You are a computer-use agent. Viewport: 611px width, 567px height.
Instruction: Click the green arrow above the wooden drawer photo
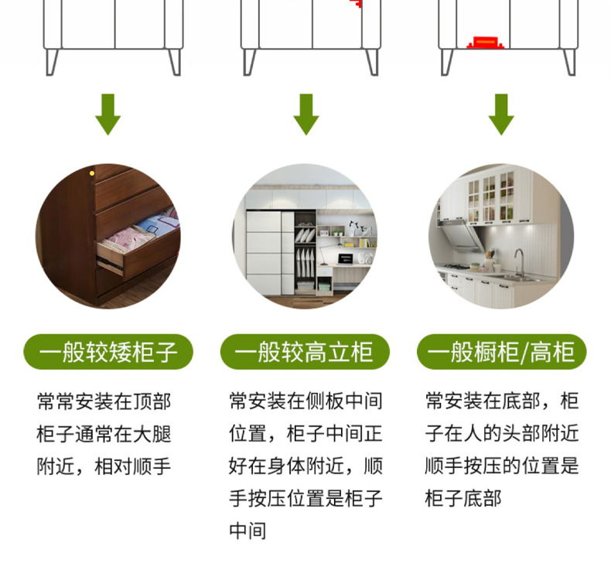pyautogui.click(x=108, y=114)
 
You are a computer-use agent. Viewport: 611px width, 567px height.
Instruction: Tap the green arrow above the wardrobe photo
pyautogui.click(x=306, y=114)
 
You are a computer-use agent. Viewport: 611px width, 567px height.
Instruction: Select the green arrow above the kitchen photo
pyautogui.click(x=501, y=114)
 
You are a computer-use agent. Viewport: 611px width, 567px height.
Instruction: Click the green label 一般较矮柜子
pyautogui.click(x=108, y=353)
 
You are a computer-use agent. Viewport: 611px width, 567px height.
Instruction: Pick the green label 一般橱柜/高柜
pyautogui.click(x=501, y=353)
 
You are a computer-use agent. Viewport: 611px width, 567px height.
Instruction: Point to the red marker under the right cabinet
pyautogui.click(x=485, y=40)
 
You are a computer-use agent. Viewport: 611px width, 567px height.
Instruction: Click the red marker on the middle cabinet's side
pyautogui.click(x=357, y=4)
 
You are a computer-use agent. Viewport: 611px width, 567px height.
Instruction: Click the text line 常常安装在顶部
pyautogui.click(x=104, y=401)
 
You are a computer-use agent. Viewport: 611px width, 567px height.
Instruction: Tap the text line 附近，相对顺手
pyautogui.click(x=104, y=466)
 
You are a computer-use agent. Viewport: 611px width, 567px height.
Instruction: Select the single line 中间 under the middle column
pyautogui.click(x=247, y=531)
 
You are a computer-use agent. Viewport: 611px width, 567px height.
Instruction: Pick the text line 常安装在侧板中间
pyautogui.click(x=305, y=401)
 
